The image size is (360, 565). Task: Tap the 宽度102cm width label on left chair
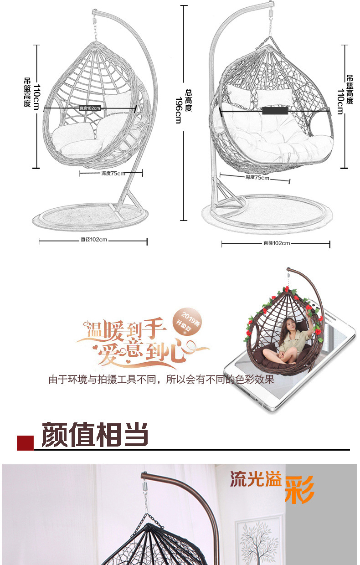pos(90,108)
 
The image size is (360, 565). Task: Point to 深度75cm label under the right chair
pos(257,177)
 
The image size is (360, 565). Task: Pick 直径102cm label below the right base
pos(277,243)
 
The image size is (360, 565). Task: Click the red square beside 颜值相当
pos(25,442)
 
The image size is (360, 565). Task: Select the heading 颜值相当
pos(95,434)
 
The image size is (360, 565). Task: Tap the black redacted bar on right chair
pos(275,110)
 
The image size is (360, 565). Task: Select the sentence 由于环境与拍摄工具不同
pos(161,379)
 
